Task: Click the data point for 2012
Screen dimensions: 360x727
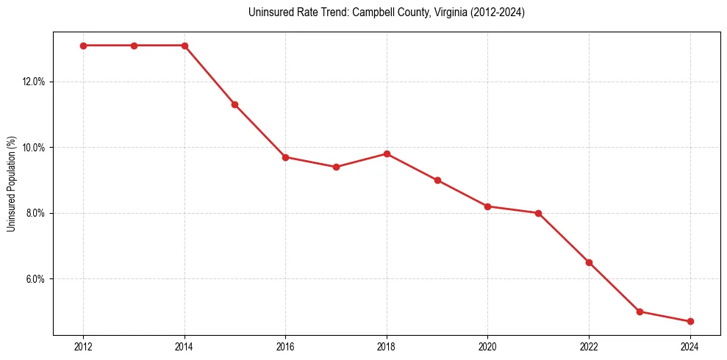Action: coord(83,46)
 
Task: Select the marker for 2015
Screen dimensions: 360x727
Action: coord(234,104)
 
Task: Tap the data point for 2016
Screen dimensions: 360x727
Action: coord(285,157)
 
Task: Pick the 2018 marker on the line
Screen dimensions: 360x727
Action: coord(387,154)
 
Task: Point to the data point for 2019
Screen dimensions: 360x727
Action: coord(437,180)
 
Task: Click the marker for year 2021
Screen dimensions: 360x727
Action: coord(538,213)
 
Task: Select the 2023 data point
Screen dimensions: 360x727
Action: coord(640,312)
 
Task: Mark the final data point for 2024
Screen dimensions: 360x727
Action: coord(690,322)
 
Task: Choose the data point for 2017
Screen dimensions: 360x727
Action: coord(336,167)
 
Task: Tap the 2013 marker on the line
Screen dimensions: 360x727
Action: coord(134,46)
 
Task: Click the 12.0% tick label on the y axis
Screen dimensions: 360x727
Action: coord(34,82)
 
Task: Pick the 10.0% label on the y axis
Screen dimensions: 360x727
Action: coord(34,148)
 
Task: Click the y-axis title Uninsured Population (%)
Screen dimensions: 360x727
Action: coord(12,184)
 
